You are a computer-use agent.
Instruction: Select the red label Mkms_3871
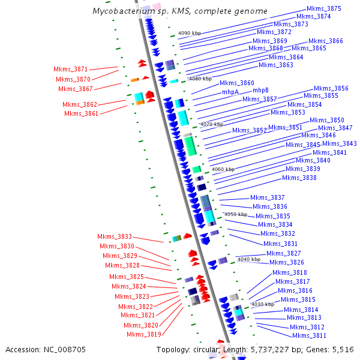click(x=70, y=70)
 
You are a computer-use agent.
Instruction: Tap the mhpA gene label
click(x=230, y=92)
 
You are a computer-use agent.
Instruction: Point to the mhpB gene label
click(x=260, y=90)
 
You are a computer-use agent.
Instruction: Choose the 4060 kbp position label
click(x=223, y=169)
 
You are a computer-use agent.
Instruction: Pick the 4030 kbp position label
click(x=262, y=304)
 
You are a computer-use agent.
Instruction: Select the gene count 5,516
click(x=343, y=349)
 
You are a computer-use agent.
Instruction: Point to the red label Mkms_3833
click(x=115, y=237)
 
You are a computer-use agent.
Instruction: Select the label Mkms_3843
click(x=339, y=144)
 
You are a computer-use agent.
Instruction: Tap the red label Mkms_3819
click(x=143, y=334)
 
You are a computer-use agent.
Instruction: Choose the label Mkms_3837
click(x=268, y=197)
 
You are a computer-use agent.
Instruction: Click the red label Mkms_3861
click(x=81, y=113)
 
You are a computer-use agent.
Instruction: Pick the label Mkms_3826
click(x=286, y=262)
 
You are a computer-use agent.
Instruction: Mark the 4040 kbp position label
click(x=248, y=259)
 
